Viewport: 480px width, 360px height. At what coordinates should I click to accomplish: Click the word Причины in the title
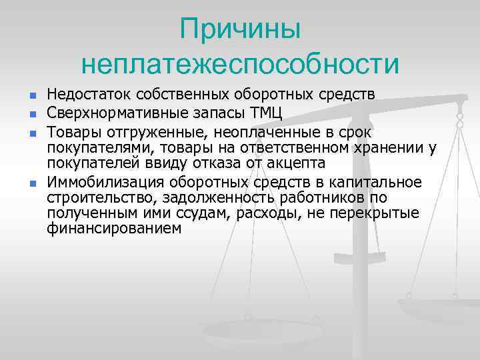[x=241, y=30]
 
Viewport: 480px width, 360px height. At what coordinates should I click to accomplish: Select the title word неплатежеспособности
[x=241, y=65]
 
